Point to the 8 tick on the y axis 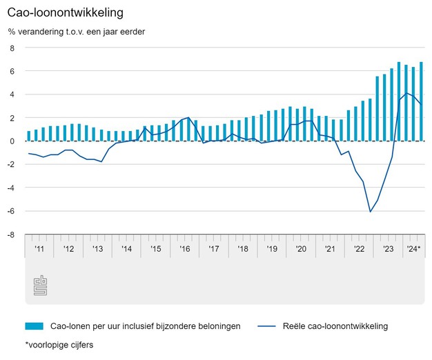(12, 48)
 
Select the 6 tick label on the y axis (12, 71)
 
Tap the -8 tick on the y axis (10, 234)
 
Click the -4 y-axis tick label (10, 188)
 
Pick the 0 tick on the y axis (12, 141)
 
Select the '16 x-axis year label (185, 248)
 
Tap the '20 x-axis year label (301, 248)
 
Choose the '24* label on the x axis (414, 248)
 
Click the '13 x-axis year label (97, 248)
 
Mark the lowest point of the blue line (370, 212)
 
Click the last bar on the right (421, 101)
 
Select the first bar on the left (29, 136)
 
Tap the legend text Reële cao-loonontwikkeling (334, 326)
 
